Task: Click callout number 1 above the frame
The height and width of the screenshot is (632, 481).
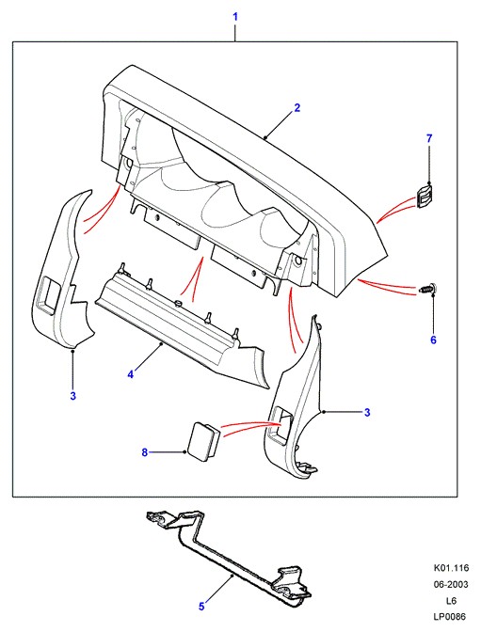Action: pos(235,17)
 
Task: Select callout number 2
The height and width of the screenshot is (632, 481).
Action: pos(297,108)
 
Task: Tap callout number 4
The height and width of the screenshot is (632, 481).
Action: pos(130,374)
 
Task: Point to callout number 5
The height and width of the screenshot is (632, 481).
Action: pos(201,607)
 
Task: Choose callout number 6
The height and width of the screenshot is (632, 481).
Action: pos(433,340)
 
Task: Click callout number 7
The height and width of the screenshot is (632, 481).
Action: pos(429,138)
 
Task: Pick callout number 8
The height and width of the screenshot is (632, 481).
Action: pos(145,452)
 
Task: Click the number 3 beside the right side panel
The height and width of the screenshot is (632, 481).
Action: pos(367,412)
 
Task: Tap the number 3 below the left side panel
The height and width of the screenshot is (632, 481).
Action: pos(72,396)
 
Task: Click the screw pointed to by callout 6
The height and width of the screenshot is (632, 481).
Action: pos(427,289)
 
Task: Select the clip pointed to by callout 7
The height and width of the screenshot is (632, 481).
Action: pos(424,197)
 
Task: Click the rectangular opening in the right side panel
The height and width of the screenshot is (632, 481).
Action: pos(281,424)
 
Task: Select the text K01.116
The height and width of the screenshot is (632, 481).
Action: pos(451,568)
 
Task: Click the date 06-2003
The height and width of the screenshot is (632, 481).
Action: pos(451,584)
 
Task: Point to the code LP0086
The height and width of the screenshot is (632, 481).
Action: pos(450,617)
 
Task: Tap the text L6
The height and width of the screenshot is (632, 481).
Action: pos(451,601)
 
